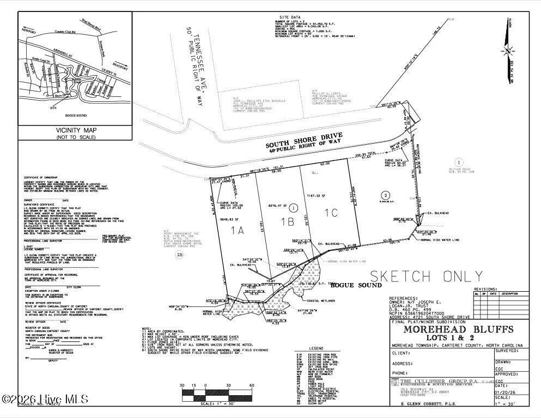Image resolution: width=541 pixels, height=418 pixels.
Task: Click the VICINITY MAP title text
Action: click(x=75, y=131)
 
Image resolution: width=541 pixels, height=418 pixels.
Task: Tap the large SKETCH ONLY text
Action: click(x=418, y=276)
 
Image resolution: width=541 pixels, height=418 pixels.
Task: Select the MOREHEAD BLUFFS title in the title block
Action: click(x=458, y=330)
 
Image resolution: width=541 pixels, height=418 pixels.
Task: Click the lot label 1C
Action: click(x=332, y=213)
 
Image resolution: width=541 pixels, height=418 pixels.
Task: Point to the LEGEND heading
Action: click(x=315, y=348)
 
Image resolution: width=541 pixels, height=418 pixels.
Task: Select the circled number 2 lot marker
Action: click(x=386, y=195)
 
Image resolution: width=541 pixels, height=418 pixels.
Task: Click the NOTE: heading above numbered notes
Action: click(x=147, y=329)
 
